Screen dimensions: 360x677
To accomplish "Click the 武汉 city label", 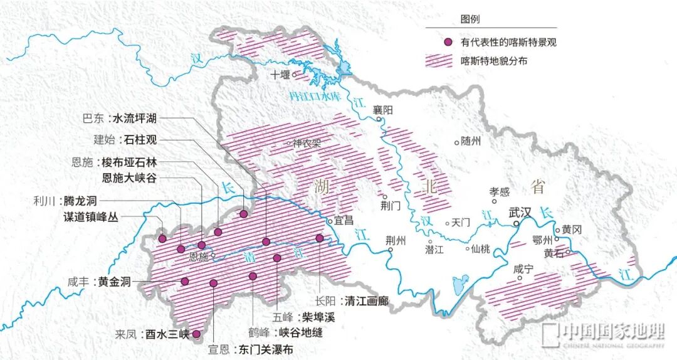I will [x=520, y=212].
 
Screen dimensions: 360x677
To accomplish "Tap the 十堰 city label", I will [x=280, y=75].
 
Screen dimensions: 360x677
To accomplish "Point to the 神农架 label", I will [x=307, y=143].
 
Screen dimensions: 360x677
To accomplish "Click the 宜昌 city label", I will [x=344, y=221].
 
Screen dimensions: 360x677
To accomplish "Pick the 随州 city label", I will [x=470, y=141].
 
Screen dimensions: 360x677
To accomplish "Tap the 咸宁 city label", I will [x=523, y=269].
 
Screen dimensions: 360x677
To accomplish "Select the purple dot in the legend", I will [x=448, y=43].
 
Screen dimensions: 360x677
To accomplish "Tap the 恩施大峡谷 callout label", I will [x=130, y=178].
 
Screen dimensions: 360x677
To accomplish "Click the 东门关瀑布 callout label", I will [x=266, y=350].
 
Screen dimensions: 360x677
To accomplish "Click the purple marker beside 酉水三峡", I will [x=196, y=334].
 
